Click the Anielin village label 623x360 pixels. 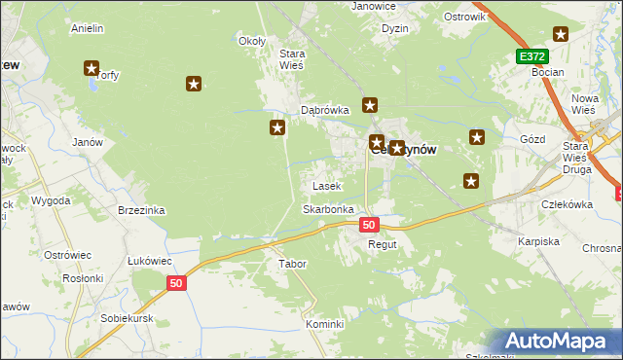88,28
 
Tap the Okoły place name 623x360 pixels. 252,41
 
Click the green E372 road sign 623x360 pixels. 531,57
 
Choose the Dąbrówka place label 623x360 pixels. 324,111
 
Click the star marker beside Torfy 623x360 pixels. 92,69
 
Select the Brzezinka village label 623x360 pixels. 141,210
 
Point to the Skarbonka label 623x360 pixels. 327,209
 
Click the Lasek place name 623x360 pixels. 325,186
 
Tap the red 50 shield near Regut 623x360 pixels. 368,225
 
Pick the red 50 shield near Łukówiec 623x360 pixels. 175,283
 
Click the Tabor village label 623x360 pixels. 292,264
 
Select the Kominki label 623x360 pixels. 325,324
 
